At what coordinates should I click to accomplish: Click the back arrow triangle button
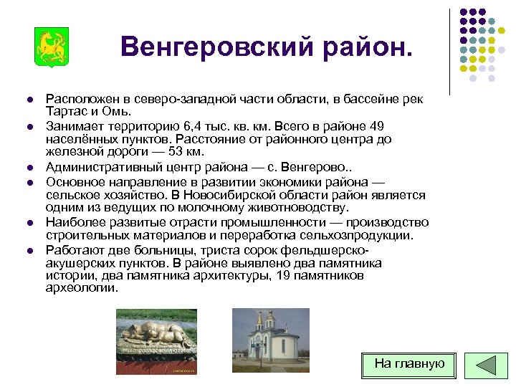click(487, 364)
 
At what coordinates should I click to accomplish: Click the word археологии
click(82, 288)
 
